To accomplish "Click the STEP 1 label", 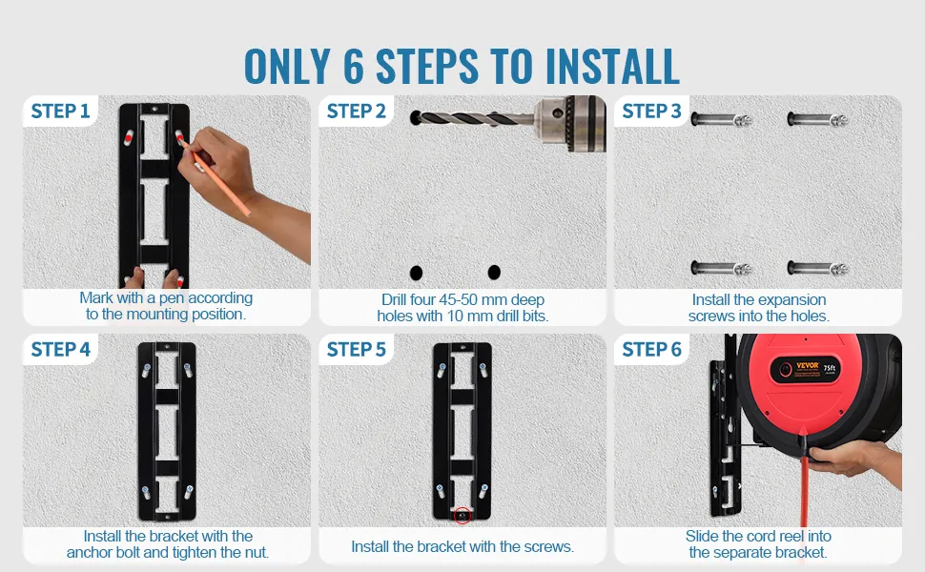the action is tap(60, 111).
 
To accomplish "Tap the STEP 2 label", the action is tap(357, 111).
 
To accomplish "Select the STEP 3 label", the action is tap(652, 111).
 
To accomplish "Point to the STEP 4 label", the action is tap(60, 349).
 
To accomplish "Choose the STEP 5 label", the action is tap(357, 349).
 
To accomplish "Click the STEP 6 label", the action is tap(652, 349).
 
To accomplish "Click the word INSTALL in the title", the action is tap(612, 67).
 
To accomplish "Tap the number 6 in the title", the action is tap(354, 67).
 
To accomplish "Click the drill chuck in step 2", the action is tap(570, 124).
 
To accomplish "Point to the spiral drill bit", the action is tap(472, 118).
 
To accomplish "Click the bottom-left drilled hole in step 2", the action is tap(416, 273).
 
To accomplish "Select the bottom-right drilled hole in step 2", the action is tap(494, 273).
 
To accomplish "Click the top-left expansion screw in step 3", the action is tap(721, 120).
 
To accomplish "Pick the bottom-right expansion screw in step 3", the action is tap(817, 269).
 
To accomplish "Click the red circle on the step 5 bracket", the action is tap(462, 516).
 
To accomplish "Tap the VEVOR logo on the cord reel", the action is tap(808, 366).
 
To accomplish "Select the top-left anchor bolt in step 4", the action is tap(146, 370).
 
